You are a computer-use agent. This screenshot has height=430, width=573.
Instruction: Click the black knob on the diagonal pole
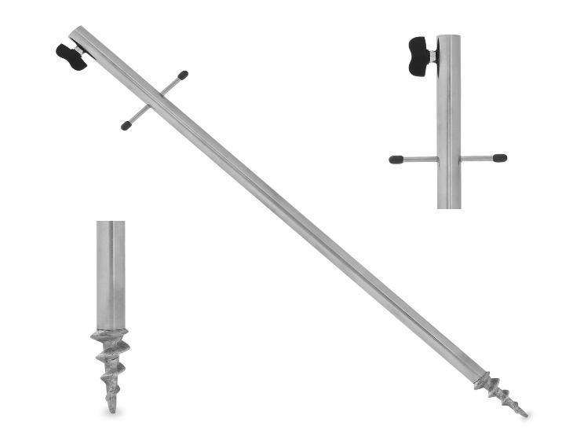pyautogui.click(x=71, y=56)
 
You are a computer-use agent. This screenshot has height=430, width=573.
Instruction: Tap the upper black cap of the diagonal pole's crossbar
pyautogui.click(x=182, y=76)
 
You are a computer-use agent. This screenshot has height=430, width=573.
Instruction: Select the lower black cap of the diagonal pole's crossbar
pyautogui.click(x=126, y=124)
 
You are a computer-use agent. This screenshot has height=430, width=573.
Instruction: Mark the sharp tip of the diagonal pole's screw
pyautogui.click(x=524, y=413)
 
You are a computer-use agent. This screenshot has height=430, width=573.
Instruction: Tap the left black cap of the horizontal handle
pyautogui.click(x=396, y=159)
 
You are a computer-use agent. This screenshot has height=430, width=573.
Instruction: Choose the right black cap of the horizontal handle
pyautogui.click(x=499, y=158)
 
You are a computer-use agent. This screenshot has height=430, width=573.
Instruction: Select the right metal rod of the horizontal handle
pyautogui.click(x=476, y=159)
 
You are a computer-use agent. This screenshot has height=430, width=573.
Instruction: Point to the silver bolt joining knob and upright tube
pyautogui.click(x=434, y=54)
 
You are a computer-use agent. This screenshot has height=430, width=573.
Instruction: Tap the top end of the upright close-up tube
pyautogui.click(x=449, y=37)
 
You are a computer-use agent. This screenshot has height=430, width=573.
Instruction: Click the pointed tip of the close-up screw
pyautogui.click(x=112, y=410)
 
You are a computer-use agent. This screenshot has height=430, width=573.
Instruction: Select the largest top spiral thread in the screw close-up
pyautogui.click(x=110, y=338)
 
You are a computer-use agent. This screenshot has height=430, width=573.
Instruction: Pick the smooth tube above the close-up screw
pyautogui.click(x=111, y=275)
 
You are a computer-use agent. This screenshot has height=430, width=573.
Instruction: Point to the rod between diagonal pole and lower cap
pyautogui.click(x=138, y=115)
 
